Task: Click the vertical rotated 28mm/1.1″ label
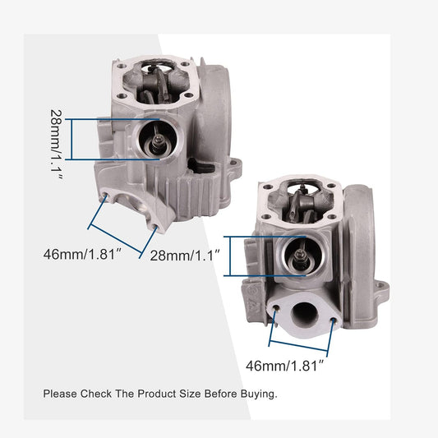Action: click(x=58, y=145)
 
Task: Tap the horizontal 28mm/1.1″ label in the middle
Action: click(x=185, y=256)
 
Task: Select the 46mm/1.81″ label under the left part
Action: click(x=82, y=255)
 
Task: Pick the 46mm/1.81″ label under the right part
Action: click(x=284, y=366)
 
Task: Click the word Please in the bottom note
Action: click(x=60, y=394)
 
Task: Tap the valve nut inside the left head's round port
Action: click(x=158, y=138)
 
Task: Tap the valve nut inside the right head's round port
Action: click(x=300, y=254)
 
